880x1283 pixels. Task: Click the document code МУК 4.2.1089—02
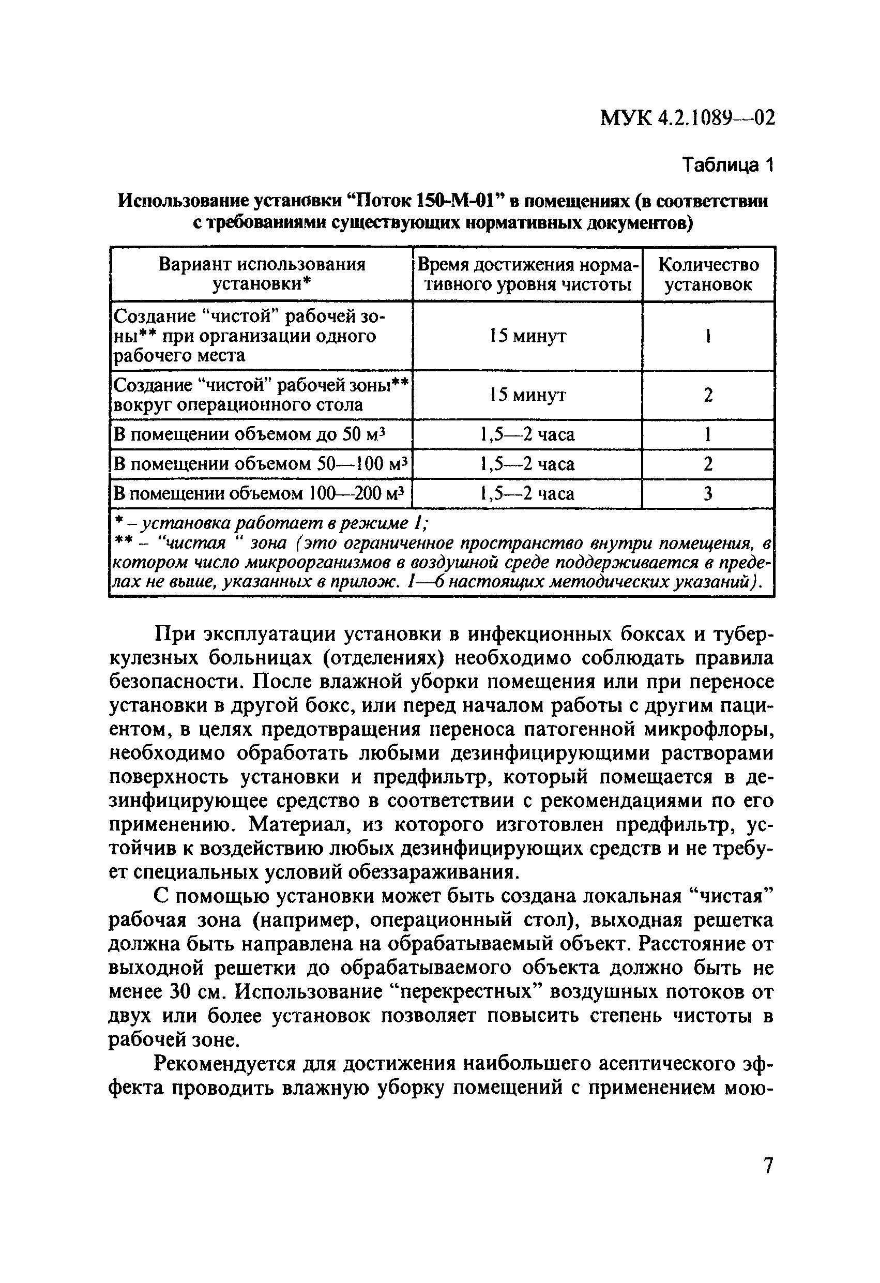pyautogui.click(x=687, y=118)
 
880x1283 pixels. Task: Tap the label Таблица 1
pyautogui.click(x=728, y=164)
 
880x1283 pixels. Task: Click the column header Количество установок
pyautogui.click(x=708, y=275)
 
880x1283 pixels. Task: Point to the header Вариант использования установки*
pyautogui.click(x=262, y=275)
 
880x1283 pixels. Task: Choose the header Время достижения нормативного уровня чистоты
pyautogui.click(x=527, y=275)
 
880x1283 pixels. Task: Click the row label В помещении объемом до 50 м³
pyautogui.click(x=248, y=434)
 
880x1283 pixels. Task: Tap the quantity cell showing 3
pyautogui.click(x=708, y=493)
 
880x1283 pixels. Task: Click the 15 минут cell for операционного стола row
pyautogui.click(x=527, y=395)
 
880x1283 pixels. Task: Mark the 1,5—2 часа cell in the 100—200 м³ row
pyautogui.click(x=527, y=493)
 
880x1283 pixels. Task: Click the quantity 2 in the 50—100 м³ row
pyautogui.click(x=708, y=464)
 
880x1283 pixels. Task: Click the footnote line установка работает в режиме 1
pyautogui.click(x=270, y=522)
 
